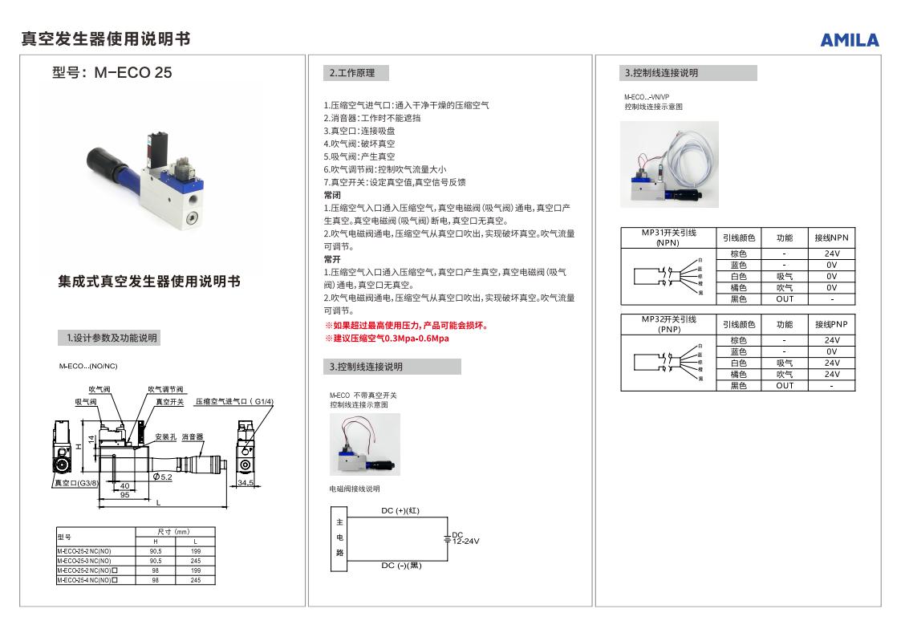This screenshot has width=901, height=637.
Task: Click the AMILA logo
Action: pyautogui.click(x=849, y=40)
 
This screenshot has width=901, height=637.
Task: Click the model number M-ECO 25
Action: pyautogui.click(x=112, y=73)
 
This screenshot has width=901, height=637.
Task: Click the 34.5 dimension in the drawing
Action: pyautogui.click(x=246, y=483)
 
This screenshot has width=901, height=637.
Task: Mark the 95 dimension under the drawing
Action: pyautogui.click(x=125, y=495)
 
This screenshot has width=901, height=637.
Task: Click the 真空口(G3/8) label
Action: pyautogui.click(x=75, y=483)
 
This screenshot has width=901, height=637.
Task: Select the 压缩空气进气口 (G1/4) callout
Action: pyautogui.click(x=234, y=401)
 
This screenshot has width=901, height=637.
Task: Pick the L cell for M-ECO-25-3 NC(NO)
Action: pyautogui.click(x=195, y=561)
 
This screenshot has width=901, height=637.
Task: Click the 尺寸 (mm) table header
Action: pyautogui.click(x=172, y=532)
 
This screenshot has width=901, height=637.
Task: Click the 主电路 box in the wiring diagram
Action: pyautogui.click(x=339, y=538)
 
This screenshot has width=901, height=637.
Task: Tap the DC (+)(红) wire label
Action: pyautogui.click(x=400, y=510)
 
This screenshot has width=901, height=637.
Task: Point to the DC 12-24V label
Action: pyautogui.click(x=465, y=538)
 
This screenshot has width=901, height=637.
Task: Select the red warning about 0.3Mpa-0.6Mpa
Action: pyautogui.click(x=387, y=338)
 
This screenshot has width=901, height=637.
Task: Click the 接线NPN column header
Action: pyautogui.click(x=831, y=238)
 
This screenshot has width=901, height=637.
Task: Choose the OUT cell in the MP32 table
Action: pyautogui.click(x=785, y=385)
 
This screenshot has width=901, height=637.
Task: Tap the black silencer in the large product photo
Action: pyautogui.click(x=99, y=159)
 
